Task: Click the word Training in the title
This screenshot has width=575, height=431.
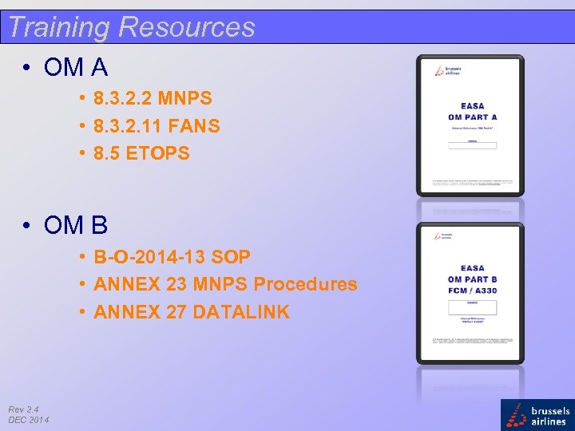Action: (x=58, y=27)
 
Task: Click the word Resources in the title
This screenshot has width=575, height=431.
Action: (x=186, y=27)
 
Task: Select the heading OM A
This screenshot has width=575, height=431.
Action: (x=76, y=68)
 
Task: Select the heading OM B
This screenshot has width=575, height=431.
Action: (x=76, y=226)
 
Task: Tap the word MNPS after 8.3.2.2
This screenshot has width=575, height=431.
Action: (x=184, y=99)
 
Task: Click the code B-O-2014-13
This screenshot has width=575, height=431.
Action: (x=149, y=258)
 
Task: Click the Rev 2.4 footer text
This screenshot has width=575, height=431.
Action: (x=25, y=409)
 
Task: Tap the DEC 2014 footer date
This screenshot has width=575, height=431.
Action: (x=29, y=420)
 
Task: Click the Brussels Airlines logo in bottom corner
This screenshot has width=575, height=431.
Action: (x=537, y=415)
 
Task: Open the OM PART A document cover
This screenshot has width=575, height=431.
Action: (x=470, y=125)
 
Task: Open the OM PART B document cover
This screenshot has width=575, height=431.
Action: (x=470, y=293)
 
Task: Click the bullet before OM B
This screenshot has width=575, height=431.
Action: (x=28, y=227)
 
